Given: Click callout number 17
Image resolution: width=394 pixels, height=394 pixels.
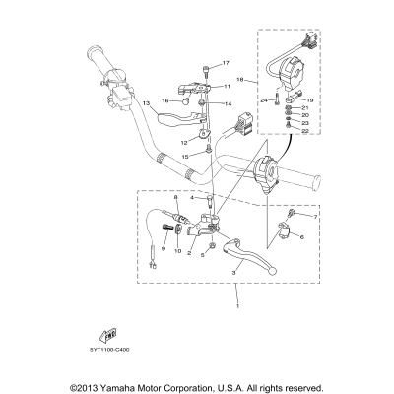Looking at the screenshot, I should [225, 63].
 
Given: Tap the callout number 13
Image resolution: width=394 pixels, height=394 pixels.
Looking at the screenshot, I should [145, 102].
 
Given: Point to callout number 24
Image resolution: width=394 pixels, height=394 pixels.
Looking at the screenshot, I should [264, 100].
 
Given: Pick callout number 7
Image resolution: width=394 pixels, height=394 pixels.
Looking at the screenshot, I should [314, 215].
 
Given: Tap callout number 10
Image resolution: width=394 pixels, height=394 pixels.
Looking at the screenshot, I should [178, 251].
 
